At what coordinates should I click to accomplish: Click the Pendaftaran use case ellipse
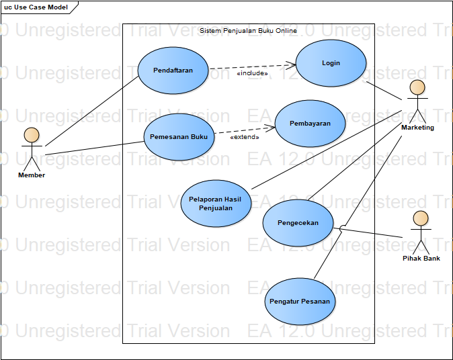pos(173,71)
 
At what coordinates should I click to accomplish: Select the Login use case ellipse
pos(331,63)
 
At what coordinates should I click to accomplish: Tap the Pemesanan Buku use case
pos(179,136)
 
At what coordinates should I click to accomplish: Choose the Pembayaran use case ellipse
pos(310,124)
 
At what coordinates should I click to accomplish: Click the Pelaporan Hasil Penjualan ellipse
pos(216,203)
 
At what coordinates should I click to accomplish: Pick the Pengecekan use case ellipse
pos(298,223)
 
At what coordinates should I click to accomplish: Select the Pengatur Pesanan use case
pos(300,302)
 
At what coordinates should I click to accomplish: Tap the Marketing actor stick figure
pos(417,100)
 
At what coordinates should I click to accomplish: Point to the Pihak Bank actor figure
pos(421,231)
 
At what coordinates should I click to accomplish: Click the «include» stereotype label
pos(252,74)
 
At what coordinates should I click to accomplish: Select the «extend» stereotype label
pos(245,137)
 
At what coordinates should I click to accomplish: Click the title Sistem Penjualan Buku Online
pos(248,31)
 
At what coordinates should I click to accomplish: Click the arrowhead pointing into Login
pos(292,64)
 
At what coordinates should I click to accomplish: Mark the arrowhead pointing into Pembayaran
pos(272,126)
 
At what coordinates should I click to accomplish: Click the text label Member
pos(32,175)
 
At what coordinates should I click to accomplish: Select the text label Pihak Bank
pos(421,258)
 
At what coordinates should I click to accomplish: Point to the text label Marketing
pos(417,128)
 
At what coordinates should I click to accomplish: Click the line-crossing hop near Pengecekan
pos(343,228)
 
